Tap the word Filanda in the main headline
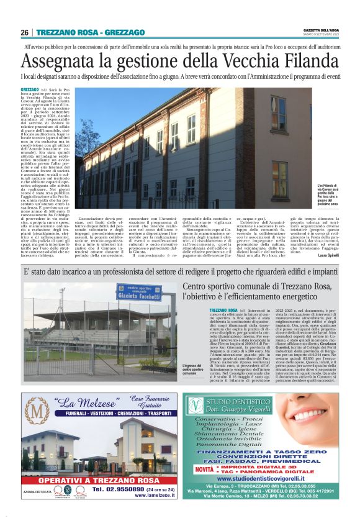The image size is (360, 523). tap(307, 62)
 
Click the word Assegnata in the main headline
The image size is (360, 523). tap(60, 62)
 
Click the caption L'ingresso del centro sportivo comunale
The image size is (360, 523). tap(176, 370)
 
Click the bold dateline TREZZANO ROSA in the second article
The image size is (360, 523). tap(223, 310)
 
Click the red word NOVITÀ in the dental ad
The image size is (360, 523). tap(197, 470)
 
